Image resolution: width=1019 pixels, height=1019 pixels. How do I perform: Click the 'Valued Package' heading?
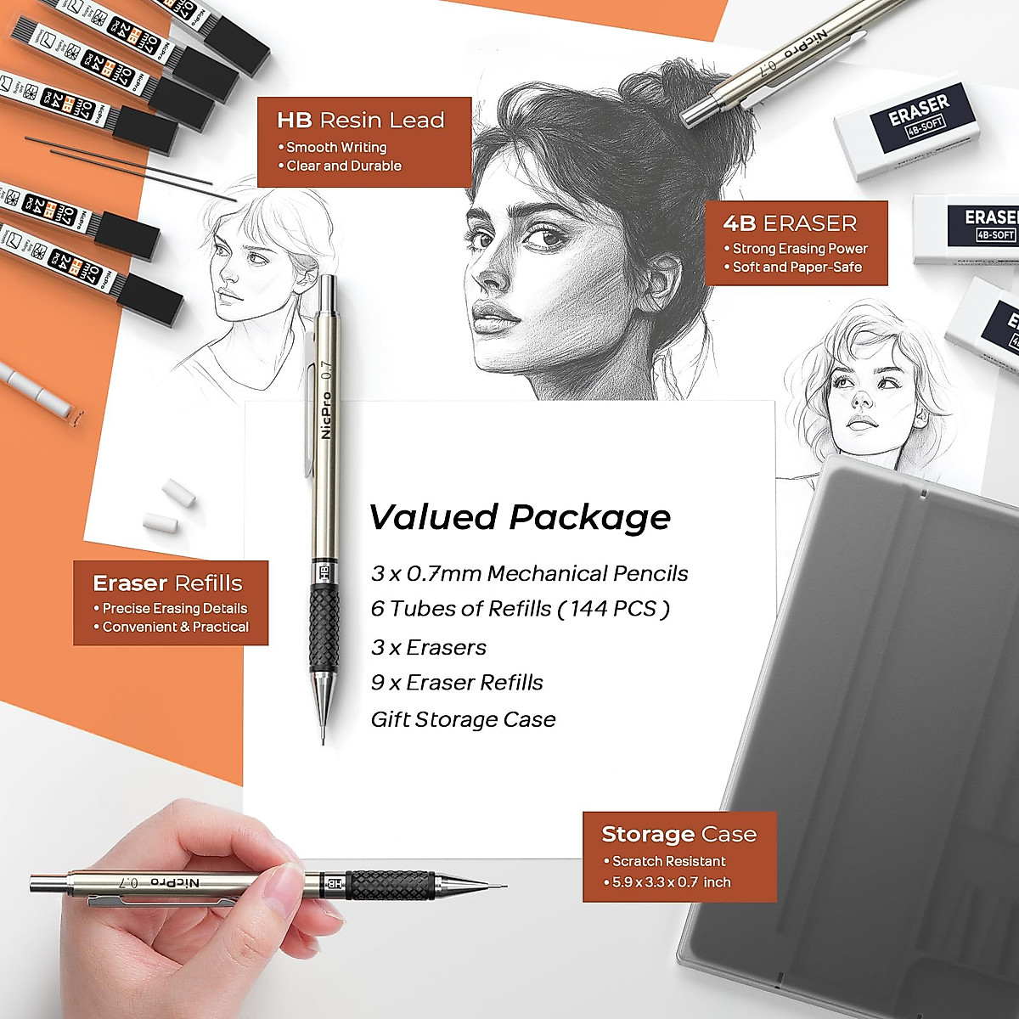[520, 517]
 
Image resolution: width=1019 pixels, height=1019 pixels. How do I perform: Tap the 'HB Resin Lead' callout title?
[361, 121]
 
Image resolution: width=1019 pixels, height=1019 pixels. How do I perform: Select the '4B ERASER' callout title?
[790, 223]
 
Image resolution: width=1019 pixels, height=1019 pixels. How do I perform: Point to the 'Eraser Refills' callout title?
[167, 583]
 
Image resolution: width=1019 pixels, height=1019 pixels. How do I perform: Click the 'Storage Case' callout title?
[678, 835]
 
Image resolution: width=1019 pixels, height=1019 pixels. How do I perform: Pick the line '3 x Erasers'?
[429, 647]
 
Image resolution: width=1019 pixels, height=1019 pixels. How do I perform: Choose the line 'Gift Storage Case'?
[463, 720]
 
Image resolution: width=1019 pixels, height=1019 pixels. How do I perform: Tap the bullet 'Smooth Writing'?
[336, 147]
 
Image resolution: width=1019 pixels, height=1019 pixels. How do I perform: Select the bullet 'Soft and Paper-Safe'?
[797, 267]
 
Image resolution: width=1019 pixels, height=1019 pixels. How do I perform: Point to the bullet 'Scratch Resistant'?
[668, 861]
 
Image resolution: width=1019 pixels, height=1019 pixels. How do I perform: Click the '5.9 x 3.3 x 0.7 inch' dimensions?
[671, 882]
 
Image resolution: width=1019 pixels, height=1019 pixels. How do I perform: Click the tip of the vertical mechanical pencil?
[324, 737]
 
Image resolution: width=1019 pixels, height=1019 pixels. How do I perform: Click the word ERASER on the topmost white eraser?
[918, 111]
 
